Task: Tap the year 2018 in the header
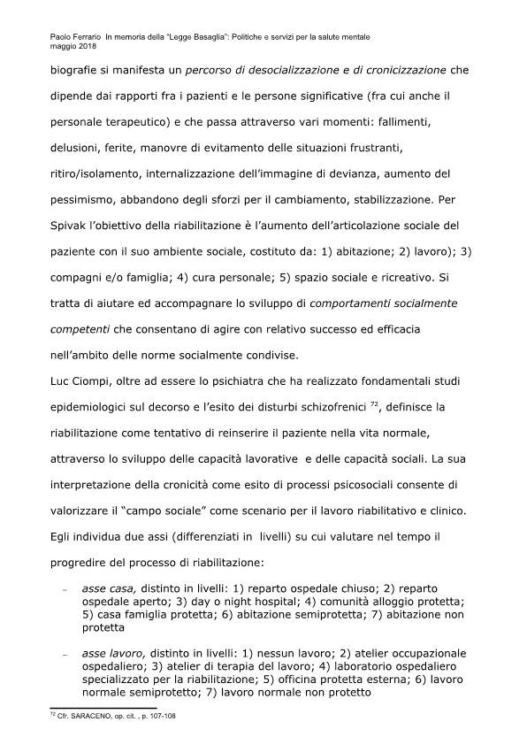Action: click(x=88, y=46)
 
